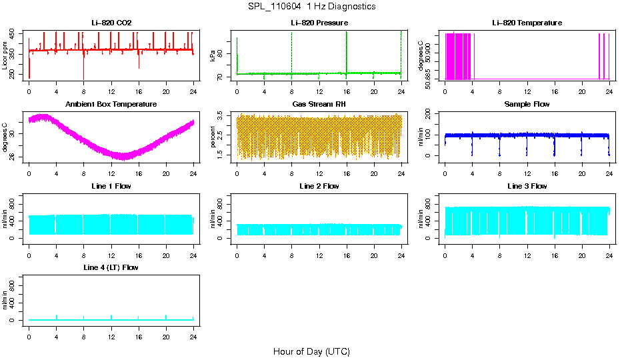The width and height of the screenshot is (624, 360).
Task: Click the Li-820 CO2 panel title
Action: tap(111, 23)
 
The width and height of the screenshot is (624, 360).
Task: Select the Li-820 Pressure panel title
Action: tap(319, 23)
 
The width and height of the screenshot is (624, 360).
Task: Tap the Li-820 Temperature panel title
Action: tap(527, 23)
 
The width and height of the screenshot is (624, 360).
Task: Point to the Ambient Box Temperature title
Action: tap(111, 104)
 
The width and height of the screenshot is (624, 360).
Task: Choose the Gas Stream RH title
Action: tap(319, 104)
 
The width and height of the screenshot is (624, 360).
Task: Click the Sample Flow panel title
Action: tap(527, 104)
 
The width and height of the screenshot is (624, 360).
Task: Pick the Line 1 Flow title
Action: tap(111, 186)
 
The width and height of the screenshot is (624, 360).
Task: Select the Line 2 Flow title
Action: tap(319, 186)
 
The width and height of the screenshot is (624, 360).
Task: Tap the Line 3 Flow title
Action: tap(527, 186)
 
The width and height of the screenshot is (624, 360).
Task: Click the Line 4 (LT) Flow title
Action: tap(111, 267)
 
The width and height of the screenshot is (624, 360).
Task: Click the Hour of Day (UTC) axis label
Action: tap(311, 351)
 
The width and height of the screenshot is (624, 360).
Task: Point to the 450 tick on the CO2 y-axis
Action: tap(14, 33)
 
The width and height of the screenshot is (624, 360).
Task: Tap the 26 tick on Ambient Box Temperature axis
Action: tap(14, 157)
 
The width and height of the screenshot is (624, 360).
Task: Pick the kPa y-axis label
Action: tap(213, 56)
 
